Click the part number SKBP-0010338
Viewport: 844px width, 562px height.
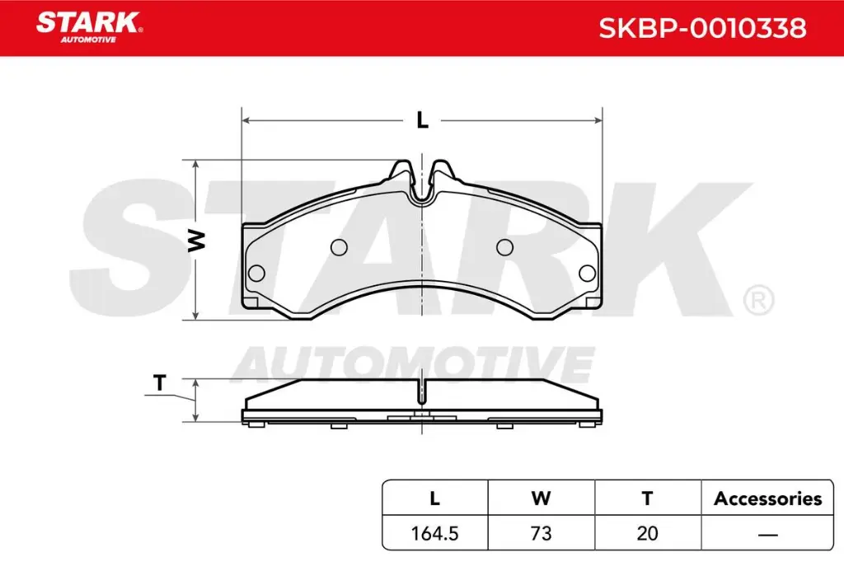[x=701, y=28]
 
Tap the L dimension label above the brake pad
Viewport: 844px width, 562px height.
[x=422, y=120]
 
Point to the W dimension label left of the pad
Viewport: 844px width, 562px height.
[x=196, y=240]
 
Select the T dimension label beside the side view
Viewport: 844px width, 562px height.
[x=160, y=383]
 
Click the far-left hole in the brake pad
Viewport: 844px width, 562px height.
[x=256, y=274]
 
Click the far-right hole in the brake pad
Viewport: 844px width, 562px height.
[x=588, y=274]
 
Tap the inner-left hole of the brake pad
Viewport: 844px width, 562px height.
[x=338, y=246]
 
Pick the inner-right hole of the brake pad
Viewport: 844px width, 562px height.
[x=505, y=246]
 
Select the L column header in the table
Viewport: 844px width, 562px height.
[x=434, y=498]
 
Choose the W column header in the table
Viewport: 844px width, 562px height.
[x=541, y=498]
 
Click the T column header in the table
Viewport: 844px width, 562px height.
[x=647, y=498]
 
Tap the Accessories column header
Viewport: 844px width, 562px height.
[x=767, y=498]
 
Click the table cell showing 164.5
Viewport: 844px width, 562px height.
[x=434, y=533]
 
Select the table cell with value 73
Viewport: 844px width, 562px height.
[x=541, y=533]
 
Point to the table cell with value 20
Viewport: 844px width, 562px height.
[x=647, y=533]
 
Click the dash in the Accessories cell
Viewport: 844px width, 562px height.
[x=767, y=534]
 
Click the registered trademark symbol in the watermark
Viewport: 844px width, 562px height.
[x=757, y=299]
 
